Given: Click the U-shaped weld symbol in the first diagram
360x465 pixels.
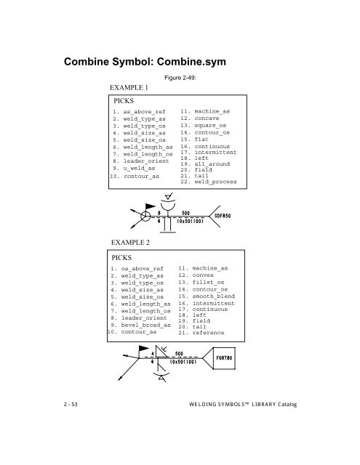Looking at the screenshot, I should [x=167, y=207].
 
